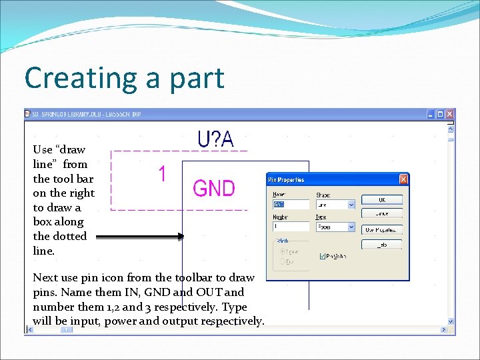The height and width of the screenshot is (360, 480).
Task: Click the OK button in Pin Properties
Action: point(381,200)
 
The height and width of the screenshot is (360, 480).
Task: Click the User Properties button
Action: point(381,229)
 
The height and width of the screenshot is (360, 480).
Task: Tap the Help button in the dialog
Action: point(381,245)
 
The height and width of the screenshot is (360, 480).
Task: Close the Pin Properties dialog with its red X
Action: point(403,179)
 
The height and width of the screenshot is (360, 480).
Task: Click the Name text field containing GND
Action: point(291,205)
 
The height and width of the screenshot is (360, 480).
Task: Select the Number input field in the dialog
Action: point(291,227)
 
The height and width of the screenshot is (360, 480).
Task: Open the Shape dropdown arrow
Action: point(352,205)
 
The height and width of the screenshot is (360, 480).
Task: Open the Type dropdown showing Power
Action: point(352,227)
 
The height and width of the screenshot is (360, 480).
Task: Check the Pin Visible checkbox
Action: point(323,255)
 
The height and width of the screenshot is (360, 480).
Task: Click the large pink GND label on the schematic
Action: point(213,188)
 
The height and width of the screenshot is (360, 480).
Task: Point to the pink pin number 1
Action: point(162,175)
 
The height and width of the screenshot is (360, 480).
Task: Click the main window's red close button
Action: point(450,114)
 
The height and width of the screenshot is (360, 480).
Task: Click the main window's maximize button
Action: point(441,114)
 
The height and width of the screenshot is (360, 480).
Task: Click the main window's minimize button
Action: point(431,114)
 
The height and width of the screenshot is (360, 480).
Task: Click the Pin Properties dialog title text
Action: point(286,180)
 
